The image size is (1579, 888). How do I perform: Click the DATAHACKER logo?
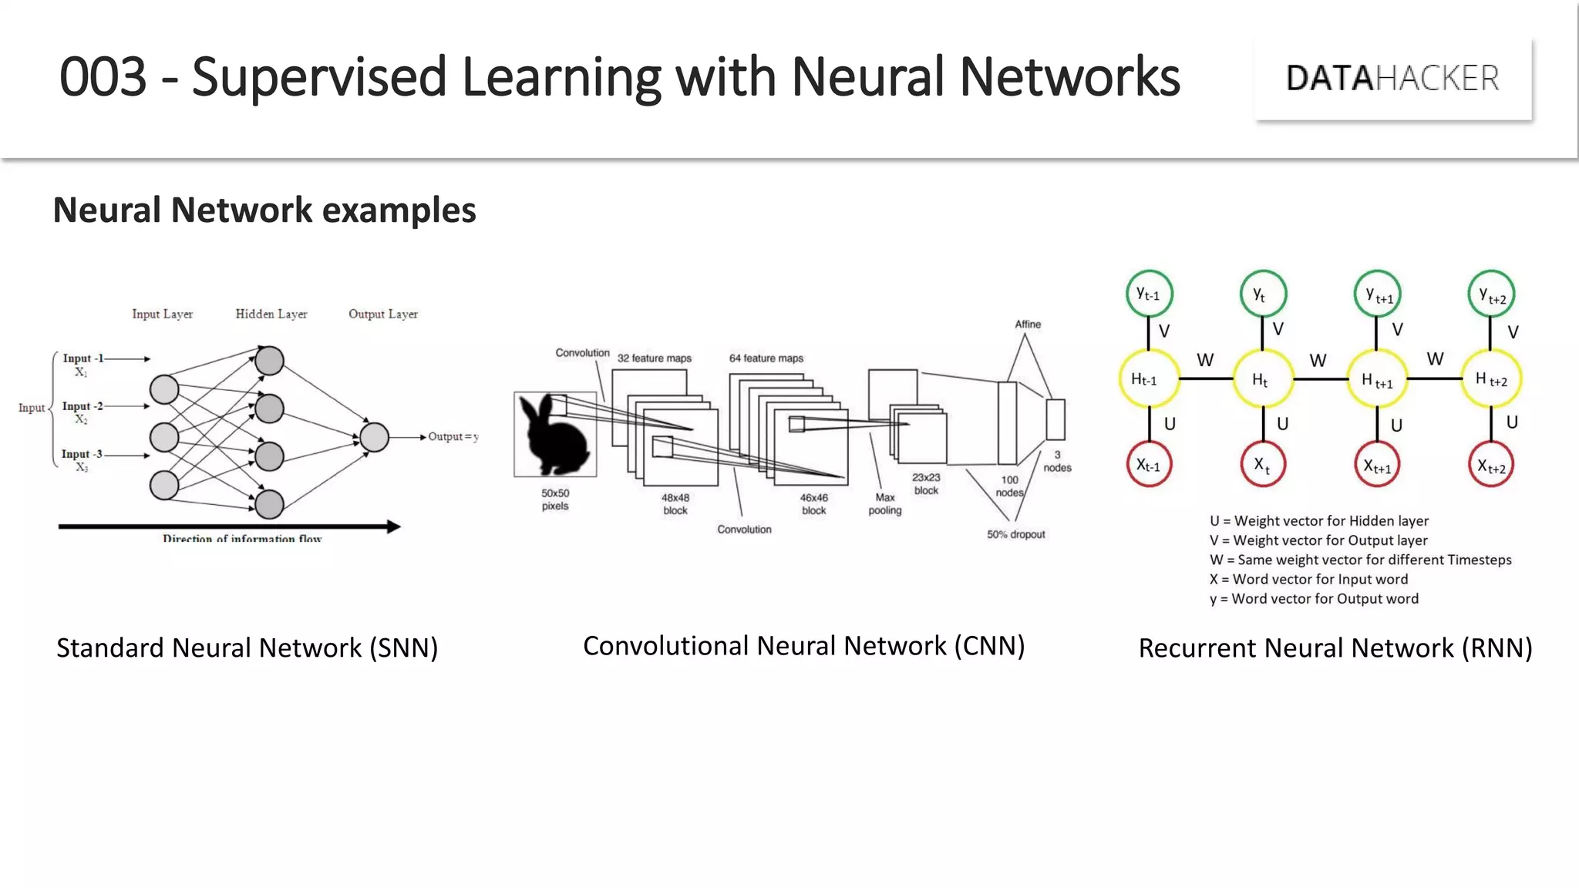1392,78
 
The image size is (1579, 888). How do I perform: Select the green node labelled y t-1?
1149,294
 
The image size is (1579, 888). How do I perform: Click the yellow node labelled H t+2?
1491,378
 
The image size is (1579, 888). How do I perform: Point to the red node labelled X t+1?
1377,465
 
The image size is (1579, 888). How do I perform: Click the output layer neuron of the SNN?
374,437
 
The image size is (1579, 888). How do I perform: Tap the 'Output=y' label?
453,437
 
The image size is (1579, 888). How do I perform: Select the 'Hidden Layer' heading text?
271,314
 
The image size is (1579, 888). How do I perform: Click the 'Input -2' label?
82,406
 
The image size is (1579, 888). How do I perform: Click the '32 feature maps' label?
654,358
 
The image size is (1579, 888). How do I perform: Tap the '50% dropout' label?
1015,534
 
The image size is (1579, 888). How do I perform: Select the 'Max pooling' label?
884,503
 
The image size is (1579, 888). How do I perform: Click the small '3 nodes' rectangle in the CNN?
1055,420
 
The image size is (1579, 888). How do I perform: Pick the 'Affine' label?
1027,325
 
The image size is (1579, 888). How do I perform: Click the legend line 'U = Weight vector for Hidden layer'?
1318,521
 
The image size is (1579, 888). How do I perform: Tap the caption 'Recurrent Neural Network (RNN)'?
1335,648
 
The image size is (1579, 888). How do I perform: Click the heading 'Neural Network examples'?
264,210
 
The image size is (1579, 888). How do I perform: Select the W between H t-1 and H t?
1205,360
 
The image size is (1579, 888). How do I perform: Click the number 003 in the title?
103,77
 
